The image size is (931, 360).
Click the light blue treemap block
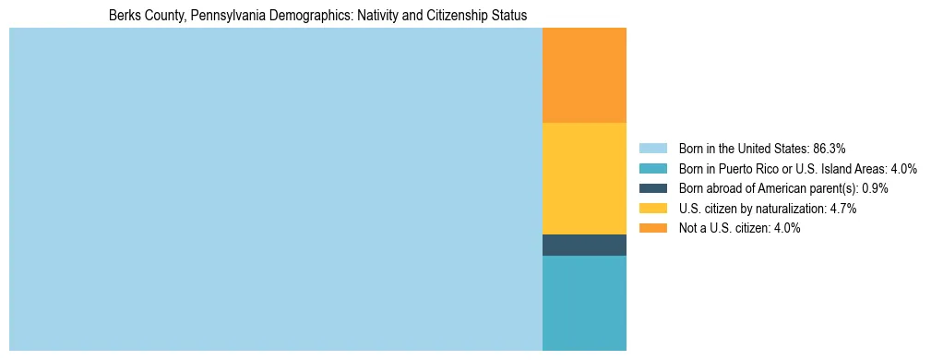tap(275, 189)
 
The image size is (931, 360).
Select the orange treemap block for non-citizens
tap(584, 76)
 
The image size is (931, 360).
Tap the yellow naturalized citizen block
tap(584, 178)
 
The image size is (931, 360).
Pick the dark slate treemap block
tap(584, 245)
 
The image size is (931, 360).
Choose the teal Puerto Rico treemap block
tap(584, 303)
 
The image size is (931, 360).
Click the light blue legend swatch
tap(652, 149)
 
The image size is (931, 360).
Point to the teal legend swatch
tap(652, 169)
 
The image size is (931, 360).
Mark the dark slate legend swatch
tap(652, 188)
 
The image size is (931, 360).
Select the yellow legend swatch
tap(652, 209)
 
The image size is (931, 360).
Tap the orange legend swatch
tap(652, 229)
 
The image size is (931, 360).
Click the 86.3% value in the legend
tap(829, 149)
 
